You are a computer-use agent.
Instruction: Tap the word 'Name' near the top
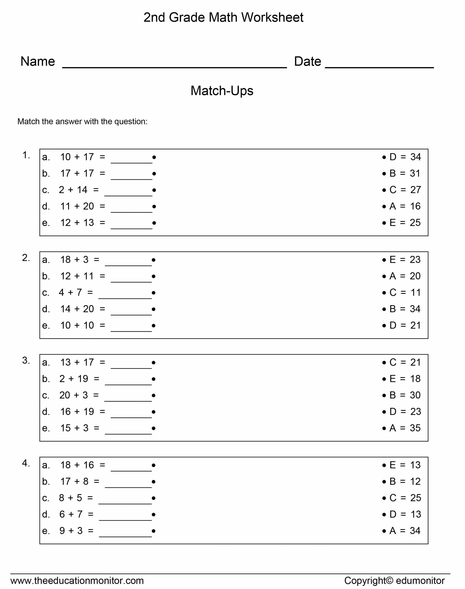pos(38,61)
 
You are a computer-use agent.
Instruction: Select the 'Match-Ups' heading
pos(222,91)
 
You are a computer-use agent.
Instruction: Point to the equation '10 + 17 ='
pos(83,157)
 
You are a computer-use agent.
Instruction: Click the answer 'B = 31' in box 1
pos(405,173)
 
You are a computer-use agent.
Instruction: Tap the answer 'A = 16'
pos(405,206)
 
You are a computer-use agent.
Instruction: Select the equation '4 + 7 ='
pos(76,293)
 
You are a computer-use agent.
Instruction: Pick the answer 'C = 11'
pos(405,293)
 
